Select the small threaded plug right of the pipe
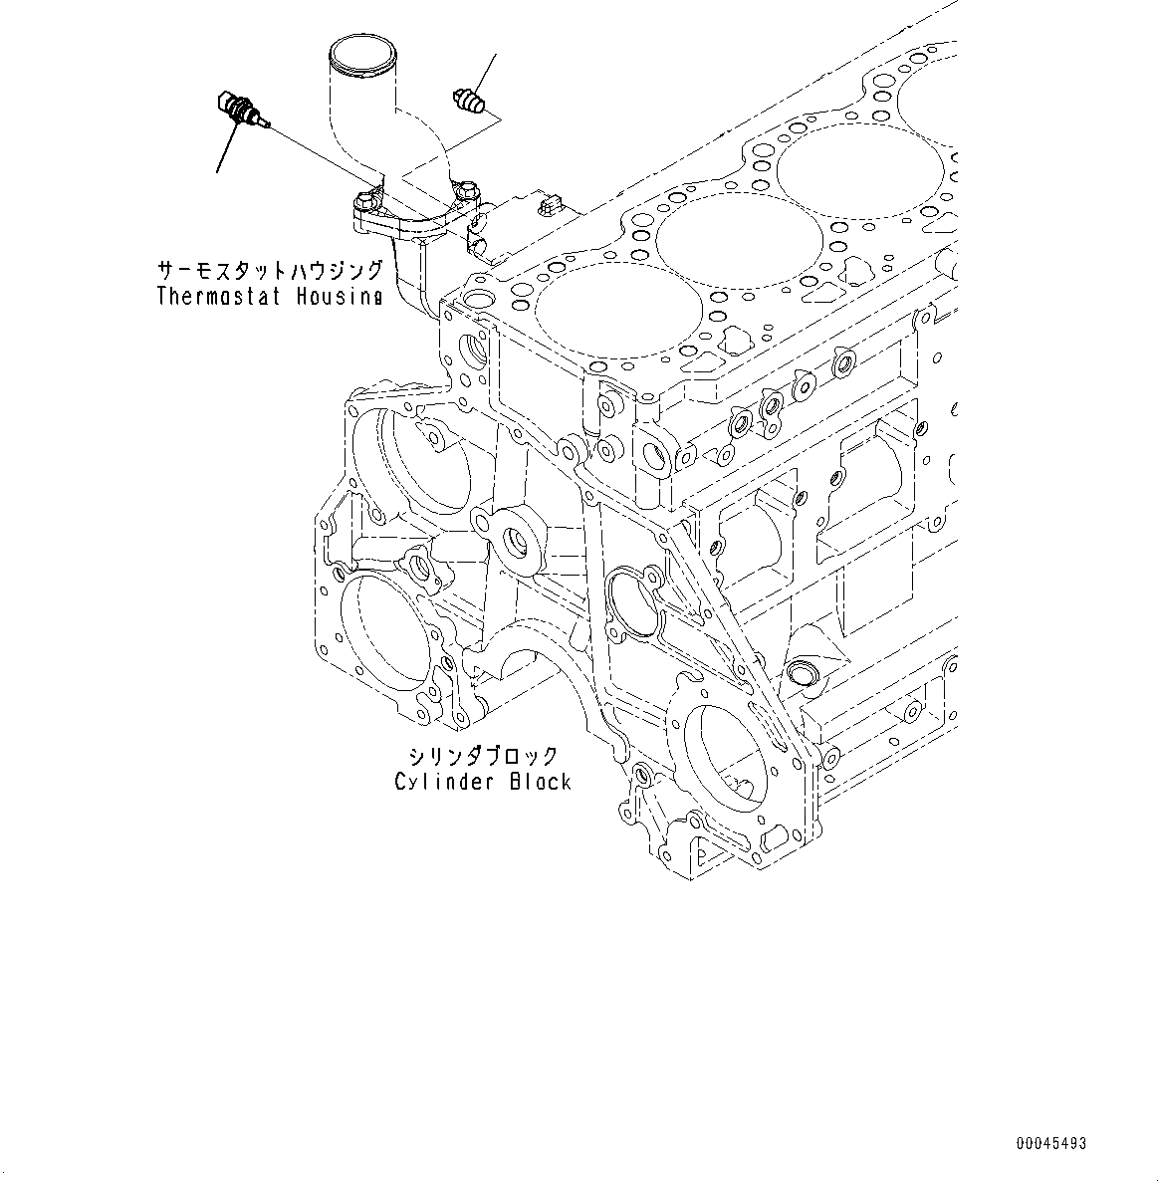(x=470, y=102)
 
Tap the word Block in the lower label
(x=541, y=782)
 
